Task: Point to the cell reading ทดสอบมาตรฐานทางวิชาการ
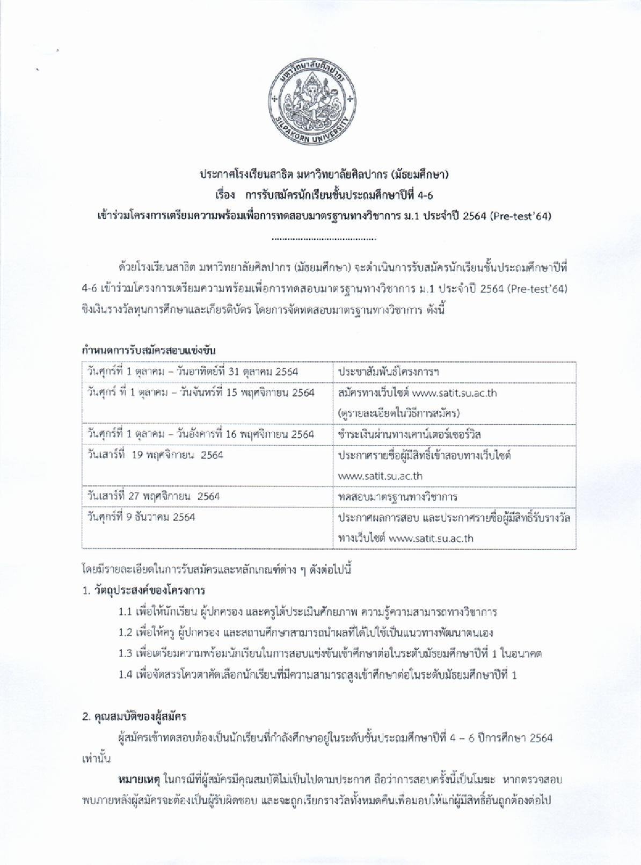(398, 497)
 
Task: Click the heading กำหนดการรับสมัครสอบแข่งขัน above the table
(149, 351)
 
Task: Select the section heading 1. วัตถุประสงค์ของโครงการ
(143, 591)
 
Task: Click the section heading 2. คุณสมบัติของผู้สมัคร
(134, 716)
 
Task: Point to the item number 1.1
(125, 612)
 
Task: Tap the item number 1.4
(125, 675)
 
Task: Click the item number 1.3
(125, 654)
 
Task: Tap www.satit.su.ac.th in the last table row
(431, 539)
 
